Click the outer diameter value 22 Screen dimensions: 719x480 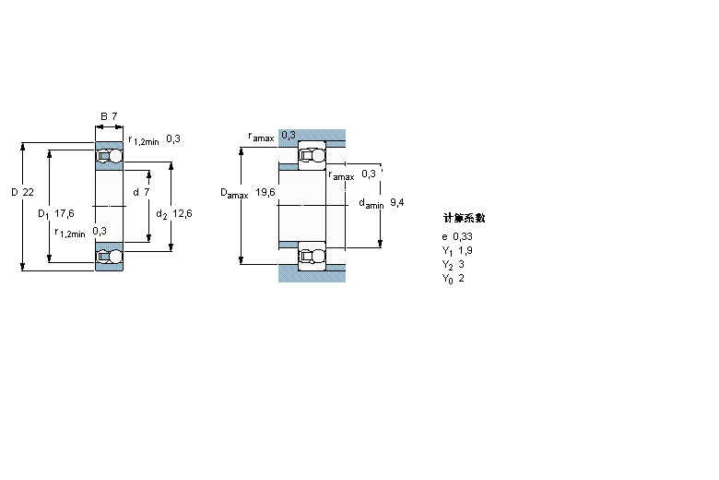point(28,192)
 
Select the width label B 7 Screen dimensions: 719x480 point(109,116)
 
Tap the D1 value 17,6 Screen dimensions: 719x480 point(65,213)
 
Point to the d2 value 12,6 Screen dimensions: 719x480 point(182,213)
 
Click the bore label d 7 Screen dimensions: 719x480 point(141,192)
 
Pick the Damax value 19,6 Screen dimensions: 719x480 point(265,192)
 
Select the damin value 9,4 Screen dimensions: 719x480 point(397,202)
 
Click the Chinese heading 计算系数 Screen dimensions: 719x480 point(464,218)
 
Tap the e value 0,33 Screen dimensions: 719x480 point(463,236)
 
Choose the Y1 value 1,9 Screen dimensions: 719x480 point(465,250)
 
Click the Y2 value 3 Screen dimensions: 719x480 point(461,264)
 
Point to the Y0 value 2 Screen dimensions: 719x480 point(461,278)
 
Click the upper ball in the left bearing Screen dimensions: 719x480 point(116,156)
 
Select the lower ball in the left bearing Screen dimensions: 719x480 point(116,257)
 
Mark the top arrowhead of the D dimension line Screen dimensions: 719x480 point(22,147)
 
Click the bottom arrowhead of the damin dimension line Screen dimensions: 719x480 point(380,244)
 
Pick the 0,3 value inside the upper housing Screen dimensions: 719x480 point(289,135)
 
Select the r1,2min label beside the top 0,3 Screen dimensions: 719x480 point(144,140)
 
